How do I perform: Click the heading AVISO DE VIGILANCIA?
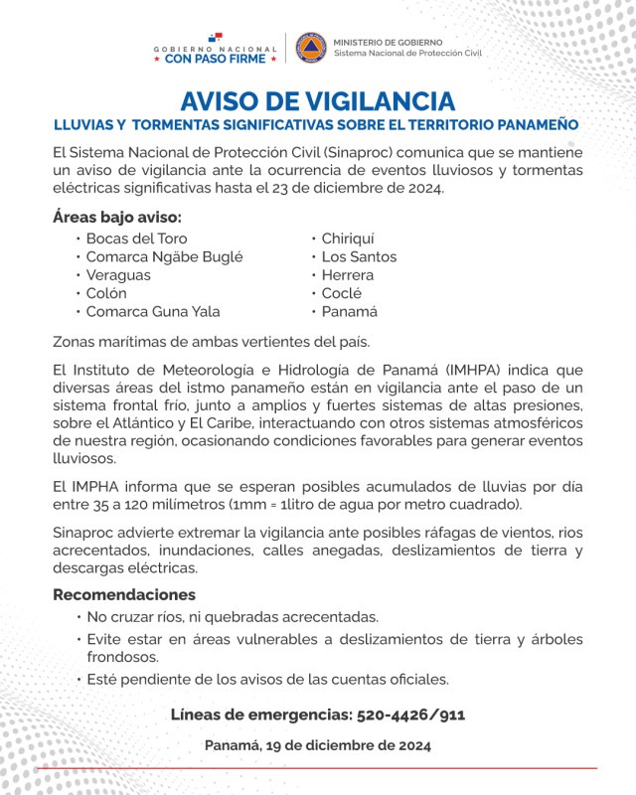318,101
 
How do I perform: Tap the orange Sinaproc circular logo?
311,48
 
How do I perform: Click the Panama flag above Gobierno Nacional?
216,37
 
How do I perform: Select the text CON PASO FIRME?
215,59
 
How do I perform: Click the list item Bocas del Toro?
136,238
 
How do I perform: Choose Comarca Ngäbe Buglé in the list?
164,256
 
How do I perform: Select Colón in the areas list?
106,293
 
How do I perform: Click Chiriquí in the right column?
349,238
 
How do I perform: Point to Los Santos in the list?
359,256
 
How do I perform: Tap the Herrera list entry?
348,275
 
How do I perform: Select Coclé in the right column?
342,293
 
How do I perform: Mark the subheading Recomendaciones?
124,594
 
